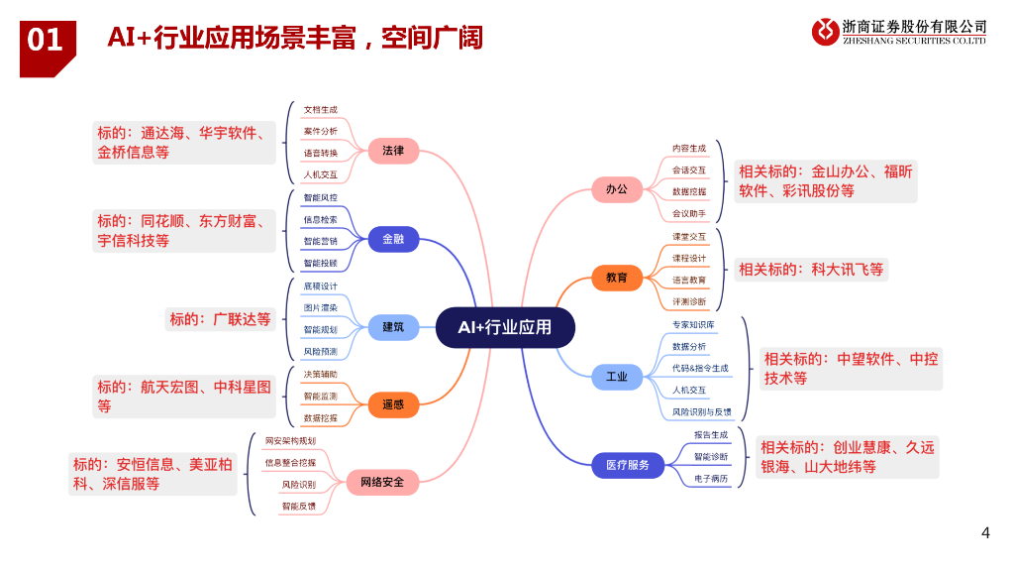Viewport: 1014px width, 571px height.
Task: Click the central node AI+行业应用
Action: point(505,327)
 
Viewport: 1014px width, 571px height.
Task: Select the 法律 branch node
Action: point(393,151)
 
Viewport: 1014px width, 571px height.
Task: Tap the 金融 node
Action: point(393,239)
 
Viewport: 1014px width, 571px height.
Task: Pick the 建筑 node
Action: point(393,327)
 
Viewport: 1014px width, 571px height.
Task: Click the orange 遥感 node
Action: point(393,404)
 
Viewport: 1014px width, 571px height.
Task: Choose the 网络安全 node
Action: point(381,483)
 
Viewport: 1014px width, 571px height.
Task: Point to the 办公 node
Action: point(617,188)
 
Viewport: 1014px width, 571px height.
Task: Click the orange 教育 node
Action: point(617,278)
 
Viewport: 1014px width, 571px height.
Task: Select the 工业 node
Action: point(617,377)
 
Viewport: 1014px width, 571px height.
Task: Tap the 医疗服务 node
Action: point(628,464)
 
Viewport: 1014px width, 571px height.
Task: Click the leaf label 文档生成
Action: point(321,110)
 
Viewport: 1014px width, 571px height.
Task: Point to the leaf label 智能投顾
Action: point(321,264)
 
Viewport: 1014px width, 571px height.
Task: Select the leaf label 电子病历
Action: point(711,479)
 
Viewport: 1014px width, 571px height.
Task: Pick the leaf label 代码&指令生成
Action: point(700,369)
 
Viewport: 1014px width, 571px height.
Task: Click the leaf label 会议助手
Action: point(689,213)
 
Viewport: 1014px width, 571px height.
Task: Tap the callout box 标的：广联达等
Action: point(220,319)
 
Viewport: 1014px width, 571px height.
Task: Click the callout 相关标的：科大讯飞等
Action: point(811,269)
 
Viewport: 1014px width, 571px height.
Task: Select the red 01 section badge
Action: point(46,41)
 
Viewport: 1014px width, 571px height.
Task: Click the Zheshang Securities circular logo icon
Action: point(825,32)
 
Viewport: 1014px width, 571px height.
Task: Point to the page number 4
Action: point(985,533)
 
